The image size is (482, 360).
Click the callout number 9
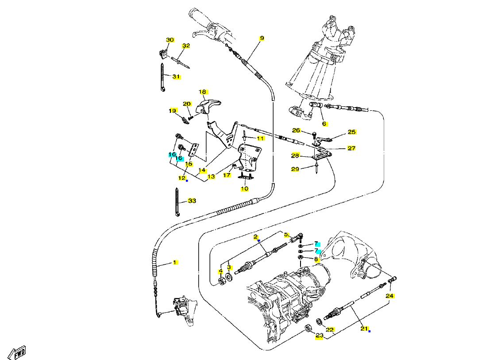(262, 38)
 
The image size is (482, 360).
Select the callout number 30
(170, 40)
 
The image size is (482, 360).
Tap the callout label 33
(192, 201)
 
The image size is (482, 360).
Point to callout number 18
(202, 92)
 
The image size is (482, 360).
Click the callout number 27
(351, 148)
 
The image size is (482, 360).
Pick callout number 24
(389, 296)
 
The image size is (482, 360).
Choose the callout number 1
(174, 262)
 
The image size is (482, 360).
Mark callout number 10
(244, 189)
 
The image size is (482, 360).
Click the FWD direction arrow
(17, 352)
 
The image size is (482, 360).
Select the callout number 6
(324, 124)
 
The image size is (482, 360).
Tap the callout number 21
(364, 329)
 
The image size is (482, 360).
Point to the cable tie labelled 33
(177, 201)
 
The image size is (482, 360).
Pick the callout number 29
(295, 169)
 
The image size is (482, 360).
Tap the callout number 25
(352, 132)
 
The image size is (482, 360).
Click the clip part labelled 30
(163, 54)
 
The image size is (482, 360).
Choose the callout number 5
(286, 235)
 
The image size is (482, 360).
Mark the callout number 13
(211, 177)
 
